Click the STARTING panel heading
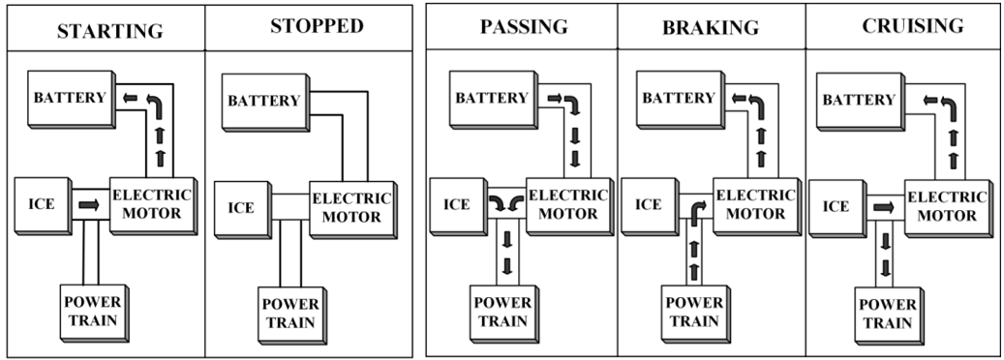[110, 29]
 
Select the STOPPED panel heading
[317, 26]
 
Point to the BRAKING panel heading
[709, 27]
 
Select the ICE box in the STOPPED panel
[241, 207]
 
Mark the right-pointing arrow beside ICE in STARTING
[89, 205]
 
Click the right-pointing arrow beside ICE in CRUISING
[882, 205]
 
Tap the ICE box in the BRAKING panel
[649, 204]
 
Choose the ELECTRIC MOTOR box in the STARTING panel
[150, 204]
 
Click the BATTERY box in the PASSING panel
[493, 99]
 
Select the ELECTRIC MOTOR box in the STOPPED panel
[350, 206]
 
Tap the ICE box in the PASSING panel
[456, 204]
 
